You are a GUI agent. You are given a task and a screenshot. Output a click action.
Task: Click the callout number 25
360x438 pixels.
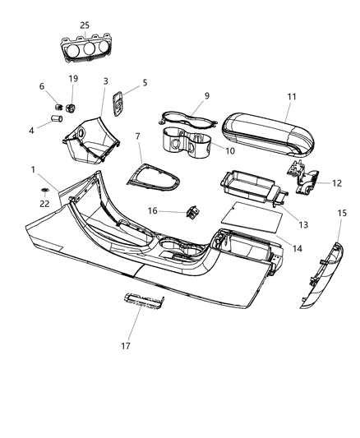pos(85,25)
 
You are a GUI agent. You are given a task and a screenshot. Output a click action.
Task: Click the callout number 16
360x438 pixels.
pos(152,211)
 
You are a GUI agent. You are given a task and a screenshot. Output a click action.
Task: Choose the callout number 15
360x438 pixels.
pos(342,213)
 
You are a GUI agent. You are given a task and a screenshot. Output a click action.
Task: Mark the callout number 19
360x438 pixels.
pos(73,79)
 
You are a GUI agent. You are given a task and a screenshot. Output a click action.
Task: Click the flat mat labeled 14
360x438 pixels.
pos(252,217)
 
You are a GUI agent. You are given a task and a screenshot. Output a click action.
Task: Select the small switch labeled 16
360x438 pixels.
pos(193,211)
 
